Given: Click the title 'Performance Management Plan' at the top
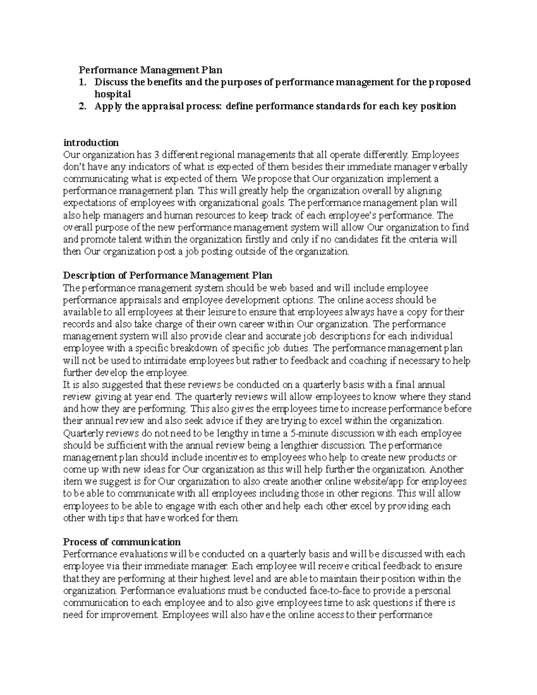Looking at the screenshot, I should (150, 70).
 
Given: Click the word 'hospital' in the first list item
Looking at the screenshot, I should (112, 94).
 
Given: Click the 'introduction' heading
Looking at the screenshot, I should (91, 143).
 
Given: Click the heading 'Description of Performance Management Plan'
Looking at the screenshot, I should (168, 275).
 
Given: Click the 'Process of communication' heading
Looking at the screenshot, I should (122, 542).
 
